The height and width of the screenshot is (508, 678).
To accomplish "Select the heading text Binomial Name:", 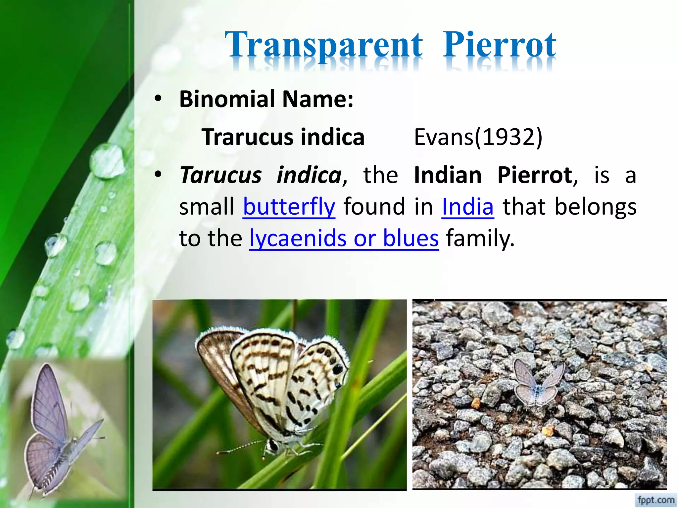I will tap(266, 99).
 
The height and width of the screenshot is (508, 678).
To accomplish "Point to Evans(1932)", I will tap(478, 137).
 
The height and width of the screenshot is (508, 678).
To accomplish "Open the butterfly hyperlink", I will tap(289, 207).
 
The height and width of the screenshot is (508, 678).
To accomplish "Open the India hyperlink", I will tap(468, 207).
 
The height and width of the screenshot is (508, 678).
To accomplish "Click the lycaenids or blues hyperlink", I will tap(344, 238).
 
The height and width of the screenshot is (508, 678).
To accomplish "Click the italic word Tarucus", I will tap(220, 175).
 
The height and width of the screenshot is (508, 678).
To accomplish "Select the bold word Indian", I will tap(448, 175).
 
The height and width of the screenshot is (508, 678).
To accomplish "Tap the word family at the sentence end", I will tap(480, 238).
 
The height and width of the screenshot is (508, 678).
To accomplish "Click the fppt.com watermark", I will tap(656, 499).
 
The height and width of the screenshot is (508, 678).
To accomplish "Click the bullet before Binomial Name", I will tap(158, 99).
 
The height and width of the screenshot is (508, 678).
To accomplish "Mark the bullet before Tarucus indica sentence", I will tap(158, 174).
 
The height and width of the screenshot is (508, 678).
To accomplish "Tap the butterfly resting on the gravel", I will tap(538, 384).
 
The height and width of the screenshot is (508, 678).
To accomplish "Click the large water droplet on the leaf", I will tap(107, 161).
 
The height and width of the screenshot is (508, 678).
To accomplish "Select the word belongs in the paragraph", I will tap(596, 207).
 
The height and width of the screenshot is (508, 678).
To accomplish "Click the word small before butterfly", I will tap(206, 207).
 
